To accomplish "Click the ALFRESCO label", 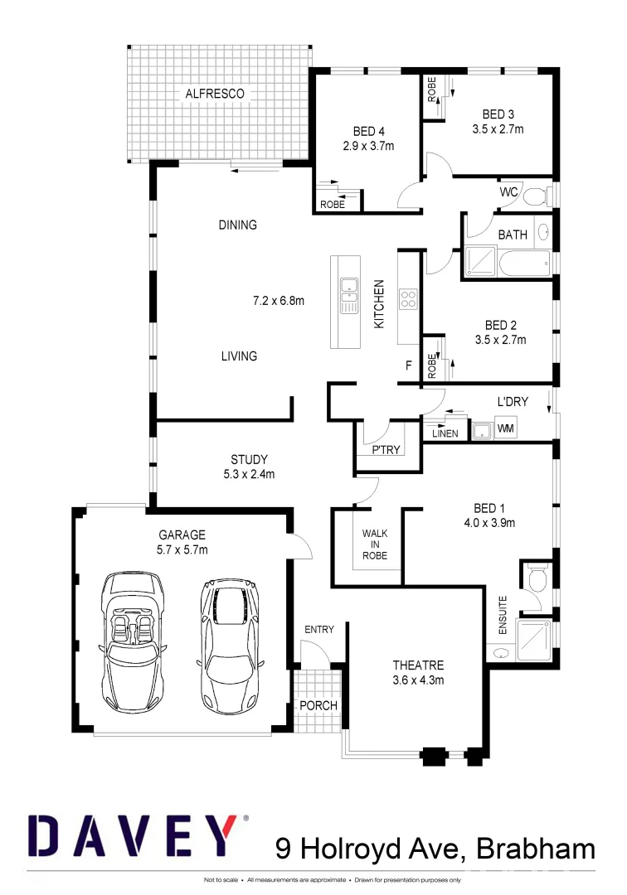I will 215,94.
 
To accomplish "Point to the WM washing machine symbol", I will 505,429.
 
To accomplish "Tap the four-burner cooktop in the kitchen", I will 409,298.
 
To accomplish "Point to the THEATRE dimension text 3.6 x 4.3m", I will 418,681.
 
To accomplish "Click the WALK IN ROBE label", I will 375,544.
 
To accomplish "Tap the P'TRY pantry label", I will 386,451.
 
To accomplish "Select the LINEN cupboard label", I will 445,433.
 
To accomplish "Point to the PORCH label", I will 318,705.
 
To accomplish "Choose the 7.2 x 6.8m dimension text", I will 279,301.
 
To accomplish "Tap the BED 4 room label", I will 368,131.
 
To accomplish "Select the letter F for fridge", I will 408,365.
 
